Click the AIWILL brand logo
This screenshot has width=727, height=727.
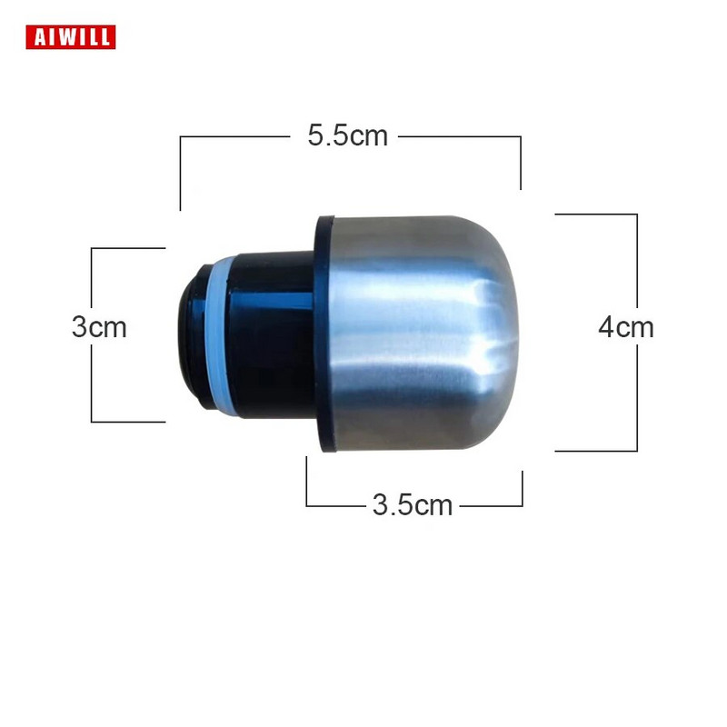pos(71,37)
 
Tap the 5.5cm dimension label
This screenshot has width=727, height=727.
pos(348,135)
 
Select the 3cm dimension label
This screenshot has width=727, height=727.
pos(99,327)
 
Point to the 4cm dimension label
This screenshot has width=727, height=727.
pos(626,327)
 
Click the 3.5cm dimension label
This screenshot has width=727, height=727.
pos(413,504)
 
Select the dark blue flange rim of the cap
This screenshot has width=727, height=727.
pos(323,333)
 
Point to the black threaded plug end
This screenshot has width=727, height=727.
pos(194,336)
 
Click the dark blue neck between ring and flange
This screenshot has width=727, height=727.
pos(274,334)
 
